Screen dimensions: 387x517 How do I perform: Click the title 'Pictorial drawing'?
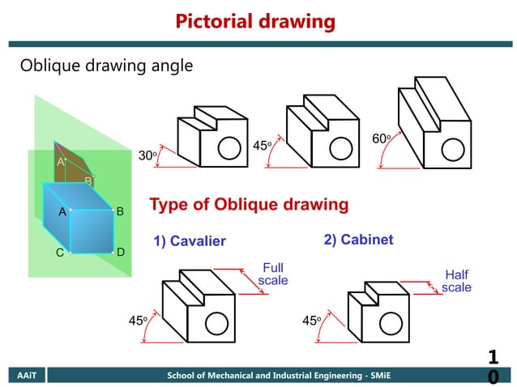point(255,21)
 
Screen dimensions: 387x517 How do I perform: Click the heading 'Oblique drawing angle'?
point(106,66)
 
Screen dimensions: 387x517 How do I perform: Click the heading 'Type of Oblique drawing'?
point(249,204)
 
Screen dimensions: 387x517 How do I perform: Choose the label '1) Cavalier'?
point(190,241)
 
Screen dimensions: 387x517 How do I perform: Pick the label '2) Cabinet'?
point(358,240)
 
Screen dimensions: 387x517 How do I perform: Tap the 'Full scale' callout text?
point(273,274)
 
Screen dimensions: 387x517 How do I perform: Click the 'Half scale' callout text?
point(456,281)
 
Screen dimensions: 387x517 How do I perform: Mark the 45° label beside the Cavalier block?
point(138,321)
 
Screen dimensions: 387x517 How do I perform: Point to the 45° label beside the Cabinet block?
point(311,321)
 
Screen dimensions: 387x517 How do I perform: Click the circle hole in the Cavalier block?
point(216,323)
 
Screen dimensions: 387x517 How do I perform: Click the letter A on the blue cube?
point(62,211)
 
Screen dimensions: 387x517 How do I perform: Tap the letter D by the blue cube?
point(120,253)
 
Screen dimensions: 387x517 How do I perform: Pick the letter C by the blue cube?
point(59,253)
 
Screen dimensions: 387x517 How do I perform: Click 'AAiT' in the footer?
point(23,376)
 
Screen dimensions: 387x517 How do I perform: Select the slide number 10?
point(493,367)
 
